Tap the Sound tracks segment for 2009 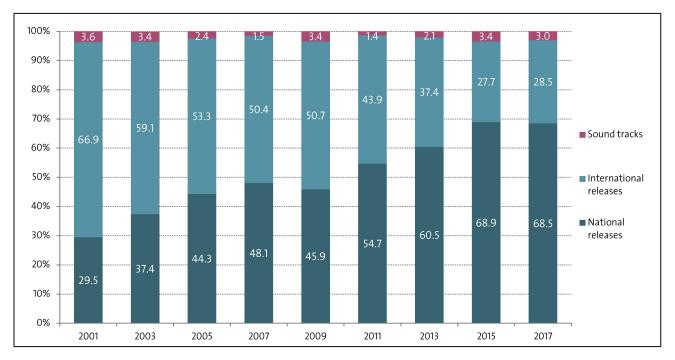[x=315, y=36]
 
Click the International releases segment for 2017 [x=543, y=100]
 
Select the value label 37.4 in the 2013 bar [x=429, y=92]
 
